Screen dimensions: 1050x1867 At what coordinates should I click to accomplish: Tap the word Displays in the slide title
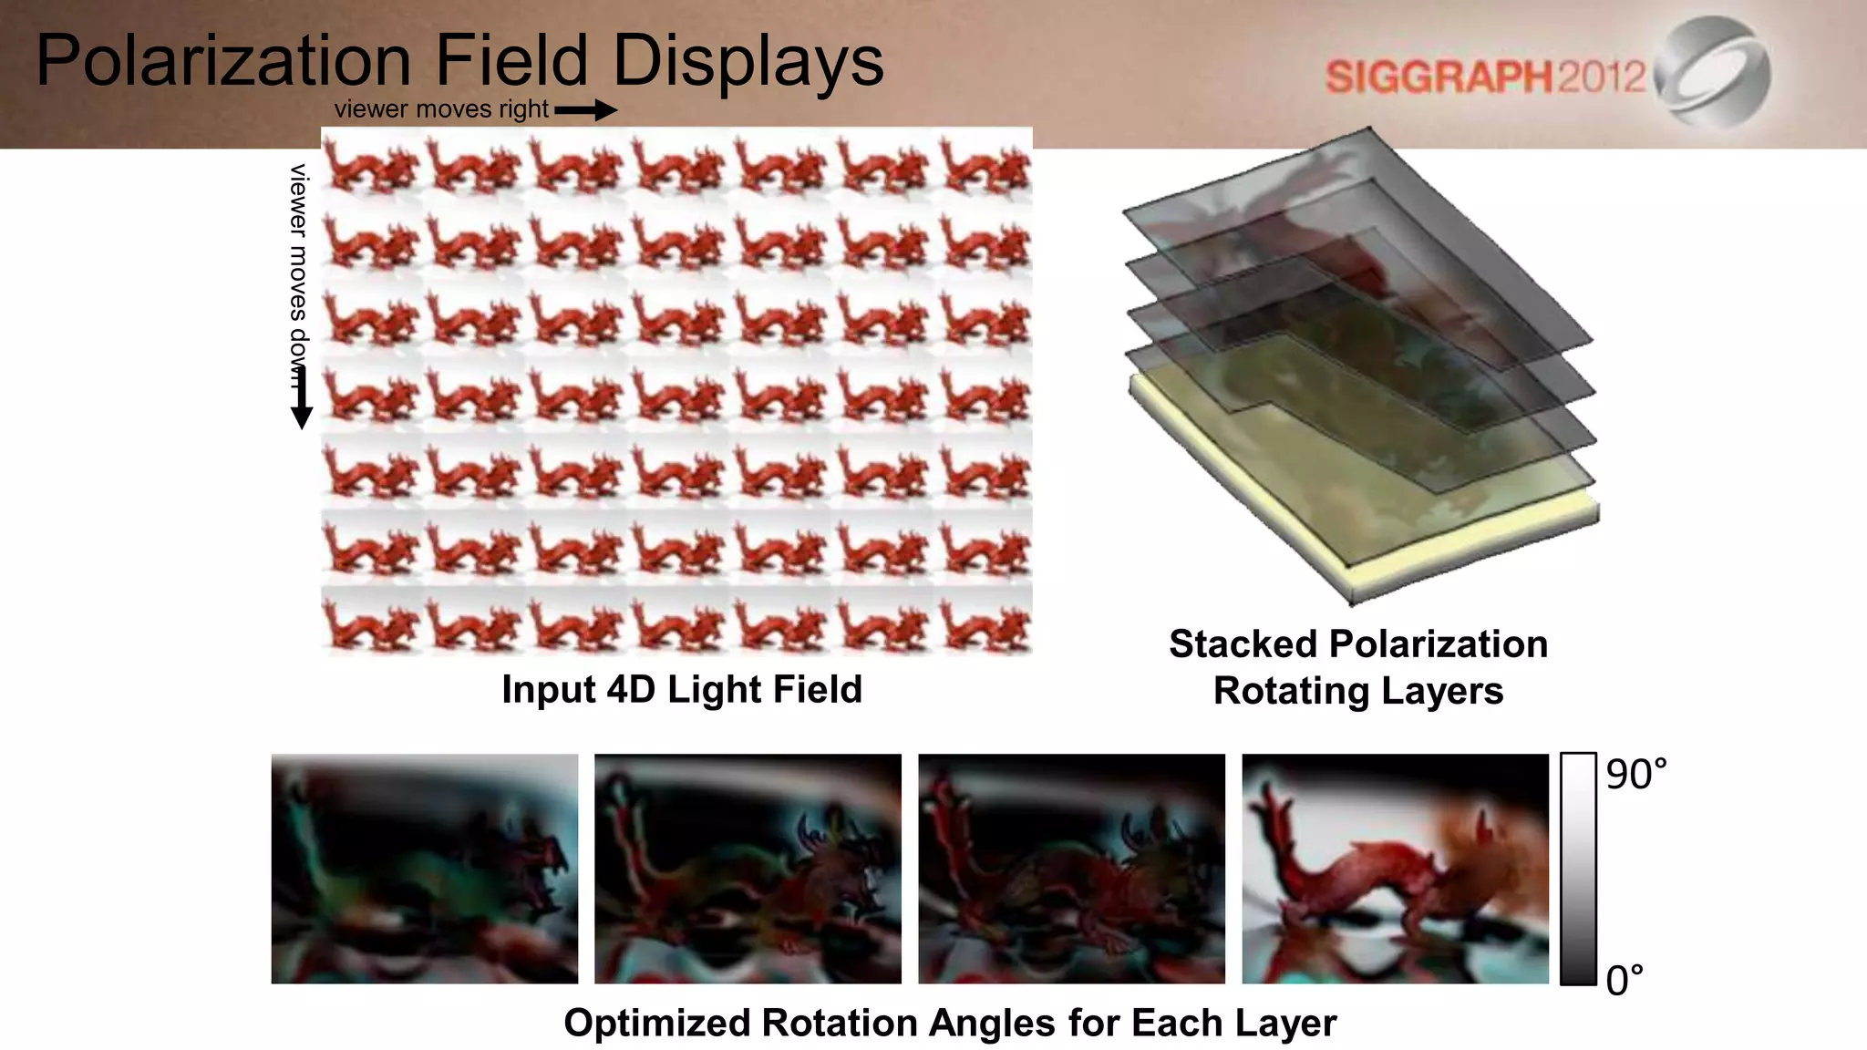pos(748,62)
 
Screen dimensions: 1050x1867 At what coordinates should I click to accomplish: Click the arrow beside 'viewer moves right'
pos(585,110)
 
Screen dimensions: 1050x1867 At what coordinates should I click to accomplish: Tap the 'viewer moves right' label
pos(441,109)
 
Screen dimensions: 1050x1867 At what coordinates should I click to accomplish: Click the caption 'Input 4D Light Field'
pos(682,689)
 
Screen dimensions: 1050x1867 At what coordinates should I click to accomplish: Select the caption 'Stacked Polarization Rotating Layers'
pos(1358,667)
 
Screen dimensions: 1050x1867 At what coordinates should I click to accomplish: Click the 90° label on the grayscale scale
pos(1635,775)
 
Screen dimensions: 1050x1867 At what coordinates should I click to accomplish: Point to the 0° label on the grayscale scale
pos(1625,981)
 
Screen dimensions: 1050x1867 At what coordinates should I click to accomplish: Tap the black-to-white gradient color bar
pos(1578,869)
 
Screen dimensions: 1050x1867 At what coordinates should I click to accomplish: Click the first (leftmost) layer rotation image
pos(425,869)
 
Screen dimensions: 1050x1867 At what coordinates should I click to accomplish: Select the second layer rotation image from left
pos(748,869)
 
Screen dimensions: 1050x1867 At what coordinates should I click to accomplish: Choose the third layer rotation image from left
pos(1071,869)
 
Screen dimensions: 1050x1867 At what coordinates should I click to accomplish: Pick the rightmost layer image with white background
pos(1395,869)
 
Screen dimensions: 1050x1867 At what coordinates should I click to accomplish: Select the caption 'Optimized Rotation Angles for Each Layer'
pos(950,1023)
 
